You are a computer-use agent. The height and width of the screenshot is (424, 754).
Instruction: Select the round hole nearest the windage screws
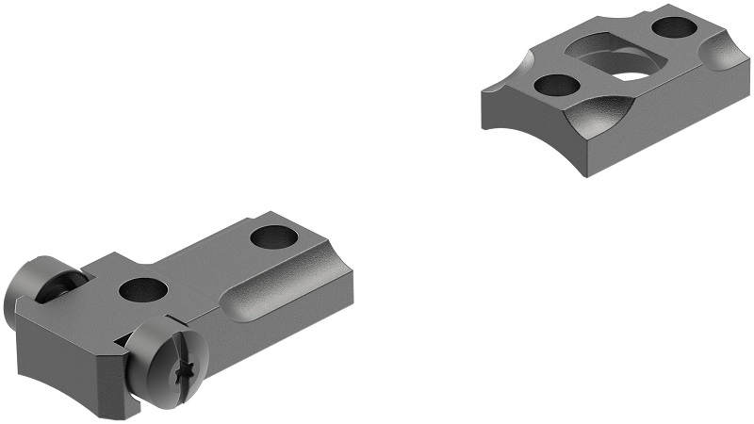pos(143,288)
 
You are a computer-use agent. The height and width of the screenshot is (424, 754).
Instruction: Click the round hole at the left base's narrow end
pos(274,237)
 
